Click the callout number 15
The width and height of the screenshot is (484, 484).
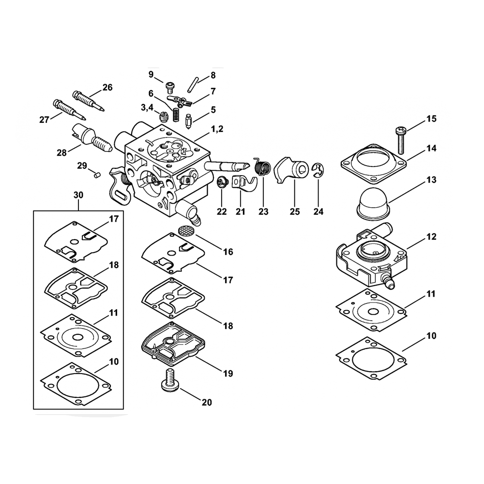pos(431,119)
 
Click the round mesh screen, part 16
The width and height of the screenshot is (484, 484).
pos(187,230)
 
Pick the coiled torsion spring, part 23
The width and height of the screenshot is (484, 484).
pos(262,167)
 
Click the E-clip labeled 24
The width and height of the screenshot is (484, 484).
pos(318,170)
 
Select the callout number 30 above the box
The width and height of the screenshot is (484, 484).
pos(78,195)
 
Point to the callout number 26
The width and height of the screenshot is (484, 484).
pos(107,88)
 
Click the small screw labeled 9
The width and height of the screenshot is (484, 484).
pos(170,87)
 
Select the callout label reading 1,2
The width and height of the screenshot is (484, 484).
pos(217,129)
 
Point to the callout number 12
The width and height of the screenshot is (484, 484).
pos(431,237)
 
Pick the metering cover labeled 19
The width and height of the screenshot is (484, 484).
pos(172,343)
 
